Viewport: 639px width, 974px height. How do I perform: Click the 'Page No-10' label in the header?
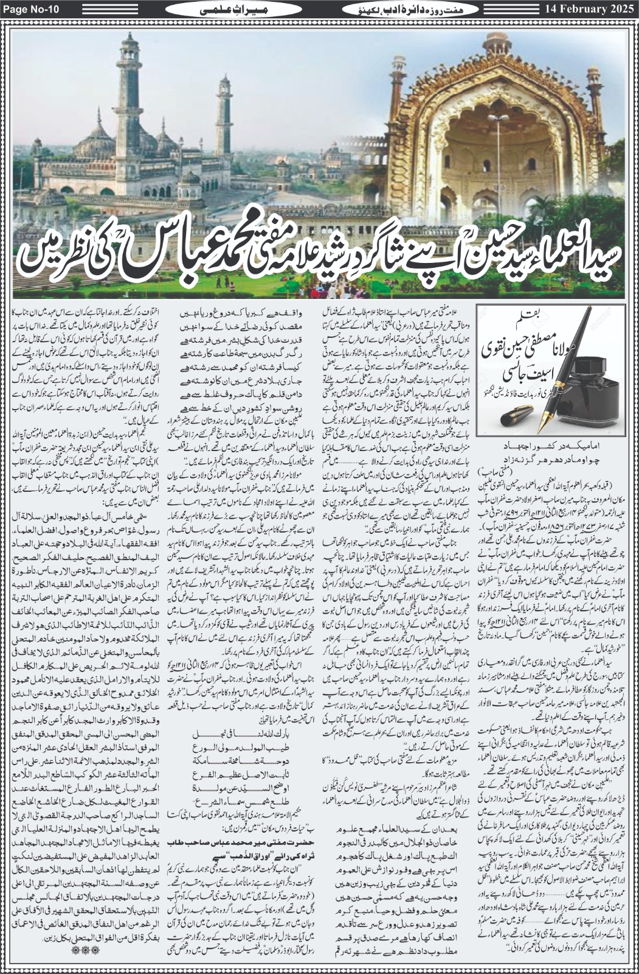[x=32, y=10]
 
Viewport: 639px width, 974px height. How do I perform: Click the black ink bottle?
[x=584, y=396]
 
